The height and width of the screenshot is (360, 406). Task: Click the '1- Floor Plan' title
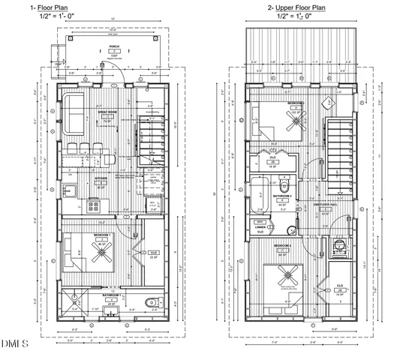point(72,8)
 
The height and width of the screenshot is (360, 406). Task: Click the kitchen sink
point(65,187)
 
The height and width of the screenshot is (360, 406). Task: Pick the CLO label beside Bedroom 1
point(153,253)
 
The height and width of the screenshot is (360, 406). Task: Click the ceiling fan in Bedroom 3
point(295,120)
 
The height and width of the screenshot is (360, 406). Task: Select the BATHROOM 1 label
point(113,295)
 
